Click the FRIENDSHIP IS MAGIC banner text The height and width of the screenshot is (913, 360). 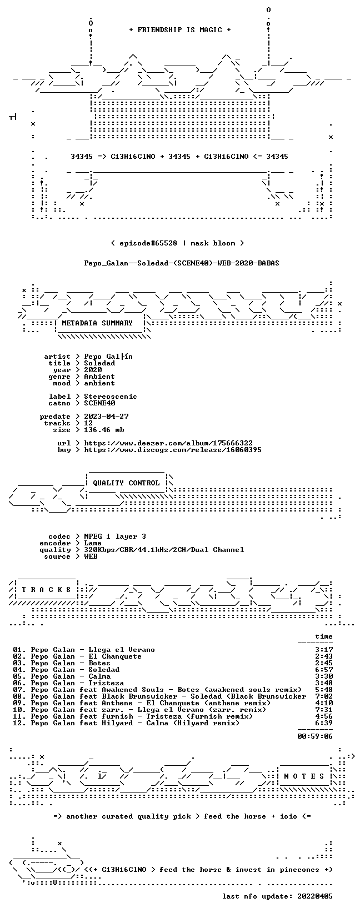pyautogui.click(x=180, y=30)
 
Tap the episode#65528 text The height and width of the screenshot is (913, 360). pyautogui.click(x=148, y=243)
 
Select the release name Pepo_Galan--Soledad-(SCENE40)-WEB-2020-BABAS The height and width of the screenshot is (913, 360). pyautogui.click(x=182, y=263)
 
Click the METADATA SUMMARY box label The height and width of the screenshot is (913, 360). pyautogui.click(x=97, y=323)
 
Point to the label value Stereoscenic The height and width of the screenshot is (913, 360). pyautogui.click(x=111, y=397)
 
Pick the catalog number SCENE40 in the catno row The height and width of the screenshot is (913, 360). pyautogui.click(x=99, y=403)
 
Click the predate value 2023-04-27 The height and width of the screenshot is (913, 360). pyautogui.click(x=106, y=417)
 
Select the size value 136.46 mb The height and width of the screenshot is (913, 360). pyautogui.click(x=104, y=430)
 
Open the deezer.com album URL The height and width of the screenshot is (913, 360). pyautogui.click(x=168, y=443)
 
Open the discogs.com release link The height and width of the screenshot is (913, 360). pyautogui.click(x=173, y=450)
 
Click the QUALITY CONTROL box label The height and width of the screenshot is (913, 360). pyautogui.click(x=126, y=483)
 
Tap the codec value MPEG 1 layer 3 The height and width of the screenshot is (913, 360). pyautogui.click(x=115, y=536)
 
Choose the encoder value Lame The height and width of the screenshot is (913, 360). pyautogui.click(x=93, y=543)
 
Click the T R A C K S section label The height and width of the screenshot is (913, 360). pyautogui.click(x=47, y=590)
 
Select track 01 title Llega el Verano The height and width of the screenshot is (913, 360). pyautogui.click(x=122, y=650)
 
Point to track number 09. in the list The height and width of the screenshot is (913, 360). pyautogui.click(x=19, y=703)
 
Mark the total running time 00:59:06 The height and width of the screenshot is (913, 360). pyautogui.click(x=315, y=736)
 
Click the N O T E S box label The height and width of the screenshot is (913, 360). pyautogui.click(x=304, y=776)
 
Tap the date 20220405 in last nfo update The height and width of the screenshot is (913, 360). pyautogui.click(x=315, y=896)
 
